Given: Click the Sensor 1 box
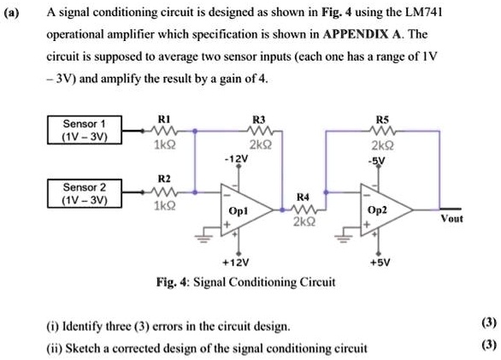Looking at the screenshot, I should [x=85, y=130].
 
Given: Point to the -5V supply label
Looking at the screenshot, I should [x=379, y=158].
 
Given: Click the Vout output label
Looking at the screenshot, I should [x=451, y=219].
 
